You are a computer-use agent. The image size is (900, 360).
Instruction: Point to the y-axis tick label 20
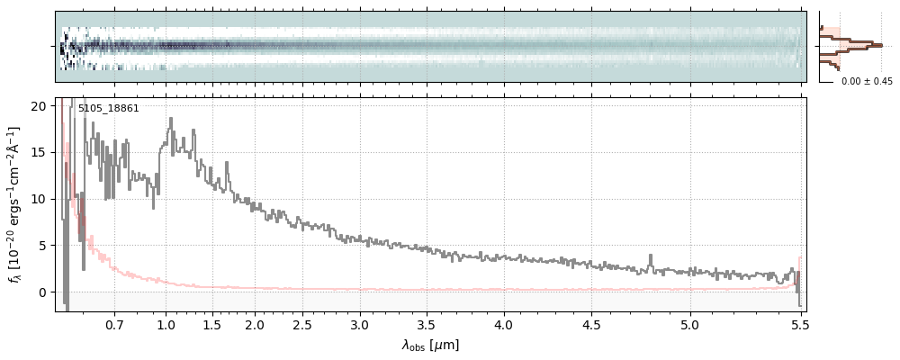[x=39, y=105]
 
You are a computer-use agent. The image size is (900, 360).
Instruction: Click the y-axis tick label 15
[x=39, y=152]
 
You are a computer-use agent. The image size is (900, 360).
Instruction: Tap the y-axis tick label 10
[x=39, y=199]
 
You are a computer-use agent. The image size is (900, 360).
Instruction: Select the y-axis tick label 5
[x=42, y=246]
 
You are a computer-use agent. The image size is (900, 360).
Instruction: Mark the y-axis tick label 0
[x=42, y=292]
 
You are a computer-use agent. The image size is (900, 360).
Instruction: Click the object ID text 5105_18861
[x=108, y=109]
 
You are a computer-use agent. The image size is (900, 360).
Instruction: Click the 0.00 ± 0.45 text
[x=867, y=82]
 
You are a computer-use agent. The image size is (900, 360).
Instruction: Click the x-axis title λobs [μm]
[x=430, y=345]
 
